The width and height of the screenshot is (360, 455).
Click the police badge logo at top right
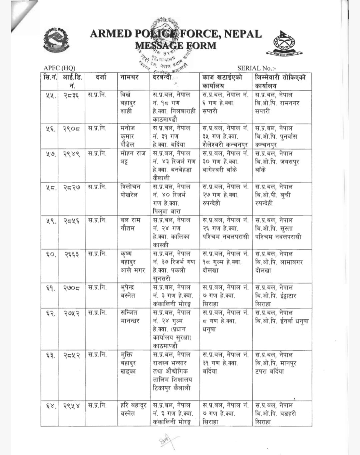[x=284, y=44]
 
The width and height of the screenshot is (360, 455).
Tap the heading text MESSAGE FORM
[x=176, y=45]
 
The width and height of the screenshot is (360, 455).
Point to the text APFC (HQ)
[x=59, y=68]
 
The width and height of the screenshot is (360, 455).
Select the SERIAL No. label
[x=257, y=68]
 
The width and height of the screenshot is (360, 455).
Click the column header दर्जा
[x=101, y=78]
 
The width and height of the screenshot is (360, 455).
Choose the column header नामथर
[x=129, y=78]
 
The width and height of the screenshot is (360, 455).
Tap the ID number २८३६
[x=71, y=95]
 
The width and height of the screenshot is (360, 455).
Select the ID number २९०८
[x=71, y=129]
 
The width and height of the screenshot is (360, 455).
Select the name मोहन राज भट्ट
[x=133, y=158]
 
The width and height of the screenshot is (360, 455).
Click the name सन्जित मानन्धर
[x=130, y=317]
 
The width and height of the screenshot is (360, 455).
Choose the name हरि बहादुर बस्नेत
[x=133, y=409]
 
